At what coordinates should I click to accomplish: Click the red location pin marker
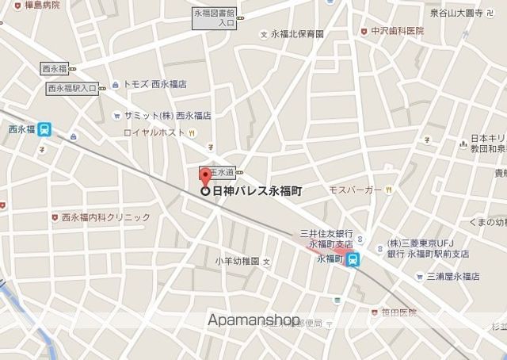204,176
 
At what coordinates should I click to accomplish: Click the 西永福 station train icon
47,128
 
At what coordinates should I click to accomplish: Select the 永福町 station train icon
355,259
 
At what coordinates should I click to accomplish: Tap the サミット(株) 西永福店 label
166,115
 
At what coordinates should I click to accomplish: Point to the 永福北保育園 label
297,34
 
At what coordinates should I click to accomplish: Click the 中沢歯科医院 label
397,32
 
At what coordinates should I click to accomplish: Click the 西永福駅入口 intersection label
72,88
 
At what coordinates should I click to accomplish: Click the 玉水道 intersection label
222,172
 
